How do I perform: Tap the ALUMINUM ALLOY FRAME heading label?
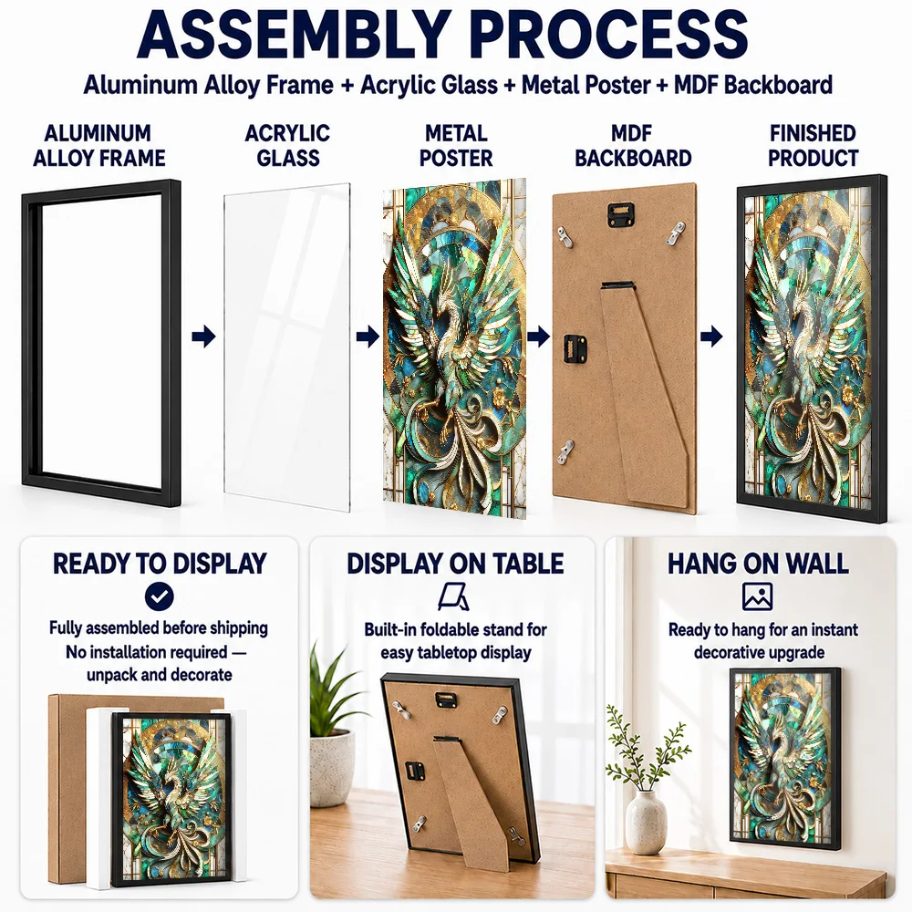click(98, 145)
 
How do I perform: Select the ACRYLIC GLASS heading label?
click(288, 145)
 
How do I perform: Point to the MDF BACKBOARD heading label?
click(633, 145)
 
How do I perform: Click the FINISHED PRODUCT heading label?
click(814, 145)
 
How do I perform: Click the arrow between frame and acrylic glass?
click(203, 337)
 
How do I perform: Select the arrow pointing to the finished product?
click(711, 337)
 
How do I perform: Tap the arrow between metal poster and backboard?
click(539, 337)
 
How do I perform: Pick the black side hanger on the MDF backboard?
click(575, 348)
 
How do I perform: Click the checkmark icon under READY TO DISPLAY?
click(160, 596)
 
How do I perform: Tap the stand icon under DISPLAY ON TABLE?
click(453, 596)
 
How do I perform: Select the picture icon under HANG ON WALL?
click(757, 596)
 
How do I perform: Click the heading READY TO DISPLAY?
click(160, 564)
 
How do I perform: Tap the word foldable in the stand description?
click(448, 629)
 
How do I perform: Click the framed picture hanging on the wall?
click(785, 759)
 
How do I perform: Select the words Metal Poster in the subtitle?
click(586, 85)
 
